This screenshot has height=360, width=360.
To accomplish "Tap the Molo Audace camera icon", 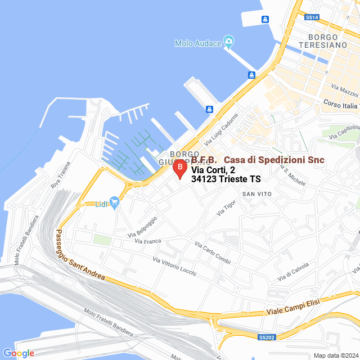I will [x=228, y=41].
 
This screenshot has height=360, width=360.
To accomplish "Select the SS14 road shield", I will [x=312, y=17].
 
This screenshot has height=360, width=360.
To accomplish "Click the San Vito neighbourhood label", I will [x=257, y=194].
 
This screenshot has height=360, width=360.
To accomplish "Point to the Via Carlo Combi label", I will [x=213, y=252].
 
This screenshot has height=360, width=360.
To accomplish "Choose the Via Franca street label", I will [x=148, y=241].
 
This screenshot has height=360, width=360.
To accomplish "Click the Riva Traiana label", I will [x=61, y=174].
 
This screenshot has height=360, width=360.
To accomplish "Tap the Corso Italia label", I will [x=340, y=105].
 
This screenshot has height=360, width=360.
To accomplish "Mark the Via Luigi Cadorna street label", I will [x=222, y=128].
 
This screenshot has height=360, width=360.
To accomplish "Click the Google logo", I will [x=19, y=353].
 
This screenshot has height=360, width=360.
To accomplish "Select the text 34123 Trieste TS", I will [x=226, y=179].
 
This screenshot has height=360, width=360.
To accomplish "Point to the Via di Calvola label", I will [x=293, y=272].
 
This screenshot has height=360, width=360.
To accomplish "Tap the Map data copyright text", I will [x=336, y=355].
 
